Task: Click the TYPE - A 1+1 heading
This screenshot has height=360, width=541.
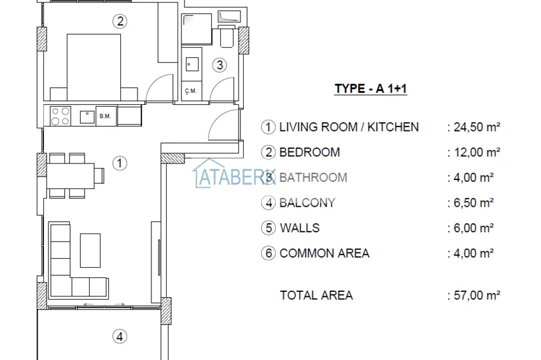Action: [x=370, y=89]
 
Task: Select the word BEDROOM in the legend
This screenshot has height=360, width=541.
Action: [x=309, y=152]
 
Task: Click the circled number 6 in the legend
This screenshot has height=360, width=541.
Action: [x=269, y=253]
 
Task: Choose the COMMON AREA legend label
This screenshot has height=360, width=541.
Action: [x=324, y=253]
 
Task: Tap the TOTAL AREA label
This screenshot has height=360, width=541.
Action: [x=316, y=295]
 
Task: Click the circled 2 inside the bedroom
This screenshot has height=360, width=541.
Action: [x=120, y=22]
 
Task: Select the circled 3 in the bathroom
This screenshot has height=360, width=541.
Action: [x=219, y=64]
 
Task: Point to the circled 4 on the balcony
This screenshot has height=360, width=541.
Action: [x=119, y=336]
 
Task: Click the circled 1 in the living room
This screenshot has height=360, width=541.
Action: [x=120, y=163]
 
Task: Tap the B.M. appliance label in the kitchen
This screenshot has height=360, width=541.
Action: [x=104, y=116]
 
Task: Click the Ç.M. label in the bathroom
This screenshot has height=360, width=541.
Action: [x=190, y=91]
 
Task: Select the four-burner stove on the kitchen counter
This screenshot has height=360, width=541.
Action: [x=60, y=116]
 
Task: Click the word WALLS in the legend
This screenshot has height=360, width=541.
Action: [x=299, y=228]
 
